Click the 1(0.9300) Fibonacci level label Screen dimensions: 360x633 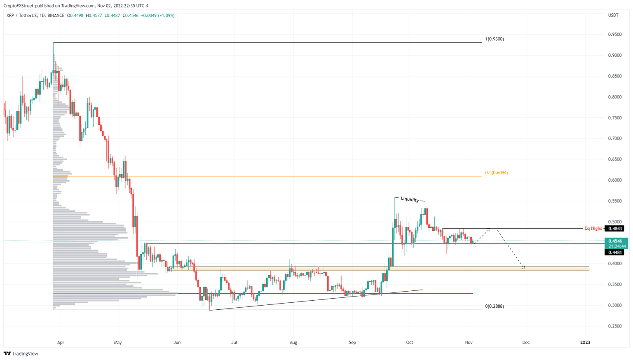(494, 39)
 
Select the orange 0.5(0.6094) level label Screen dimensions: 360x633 (496, 173)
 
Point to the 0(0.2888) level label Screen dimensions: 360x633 (494, 306)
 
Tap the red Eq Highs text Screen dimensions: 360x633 (593, 228)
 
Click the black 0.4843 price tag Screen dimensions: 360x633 (614, 229)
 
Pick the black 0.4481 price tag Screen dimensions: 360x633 (614, 252)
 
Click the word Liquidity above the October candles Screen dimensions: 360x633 (410, 199)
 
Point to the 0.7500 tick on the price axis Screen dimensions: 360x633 (615, 118)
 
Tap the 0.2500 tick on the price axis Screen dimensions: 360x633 (615, 326)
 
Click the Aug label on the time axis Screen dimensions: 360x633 (293, 342)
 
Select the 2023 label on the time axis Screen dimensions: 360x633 (585, 342)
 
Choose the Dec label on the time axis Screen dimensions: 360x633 (526, 342)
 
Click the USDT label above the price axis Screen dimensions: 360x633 (613, 15)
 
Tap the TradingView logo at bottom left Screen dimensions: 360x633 (21, 353)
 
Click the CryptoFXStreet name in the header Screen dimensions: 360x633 (18, 6)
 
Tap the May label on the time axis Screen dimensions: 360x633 (118, 342)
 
